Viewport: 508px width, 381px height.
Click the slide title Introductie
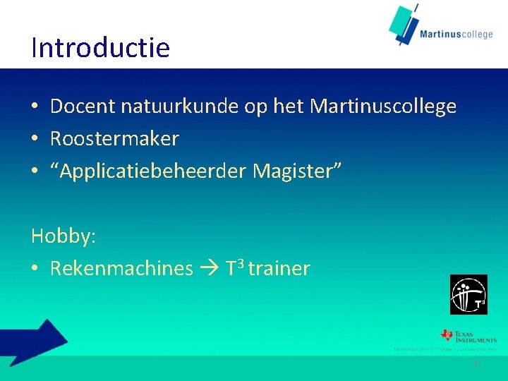(x=100, y=48)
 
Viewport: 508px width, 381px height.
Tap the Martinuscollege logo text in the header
(x=456, y=33)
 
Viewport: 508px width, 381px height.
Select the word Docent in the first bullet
(x=83, y=107)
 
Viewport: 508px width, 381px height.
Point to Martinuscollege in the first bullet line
(x=383, y=107)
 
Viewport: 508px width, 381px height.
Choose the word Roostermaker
(x=114, y=139)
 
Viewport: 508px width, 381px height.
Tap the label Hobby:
(x=64, y=236)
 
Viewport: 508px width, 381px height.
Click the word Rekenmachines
(x=121, y=269)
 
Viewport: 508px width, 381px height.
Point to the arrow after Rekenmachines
(x=210, y=269)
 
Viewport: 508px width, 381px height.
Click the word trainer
(x=279, y=269)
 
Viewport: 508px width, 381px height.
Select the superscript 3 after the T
(x=241, y=264)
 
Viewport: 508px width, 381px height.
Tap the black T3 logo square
(x=468, y=294)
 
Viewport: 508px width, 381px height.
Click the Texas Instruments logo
(x=468, y=336)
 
